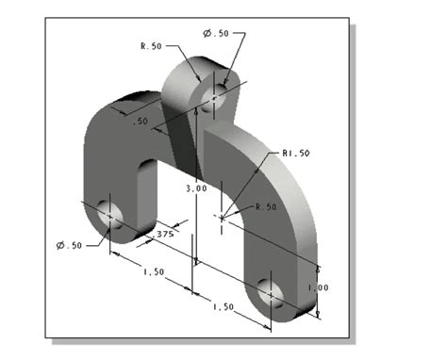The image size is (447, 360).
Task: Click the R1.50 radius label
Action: click(296, 152)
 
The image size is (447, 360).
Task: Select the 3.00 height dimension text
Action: click(195, 188)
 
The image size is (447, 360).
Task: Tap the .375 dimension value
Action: click(164, 233)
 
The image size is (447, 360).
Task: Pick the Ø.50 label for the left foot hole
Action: click(69, 246)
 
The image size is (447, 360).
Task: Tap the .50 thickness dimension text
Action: click(141, 122)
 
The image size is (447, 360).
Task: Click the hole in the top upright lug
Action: click(216, 95)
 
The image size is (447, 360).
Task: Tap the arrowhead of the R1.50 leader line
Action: click(253, 181)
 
